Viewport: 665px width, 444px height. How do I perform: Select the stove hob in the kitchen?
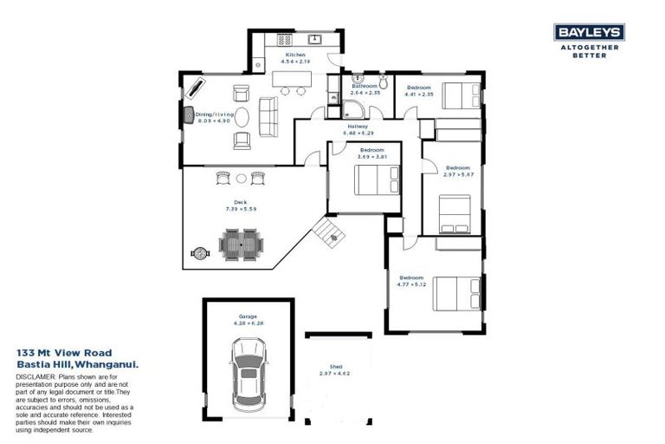point(283,40)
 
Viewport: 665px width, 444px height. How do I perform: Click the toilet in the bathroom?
point(358,79)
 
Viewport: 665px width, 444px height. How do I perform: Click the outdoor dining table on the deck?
point(239,244)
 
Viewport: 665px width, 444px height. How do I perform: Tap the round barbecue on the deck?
point(201,253)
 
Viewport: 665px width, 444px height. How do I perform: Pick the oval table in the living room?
point(244,116)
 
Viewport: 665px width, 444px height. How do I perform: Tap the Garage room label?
point(248,317)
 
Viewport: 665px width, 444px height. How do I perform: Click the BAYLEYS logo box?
point(590,33)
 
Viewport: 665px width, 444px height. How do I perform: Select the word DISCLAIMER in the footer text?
point(36,380)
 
